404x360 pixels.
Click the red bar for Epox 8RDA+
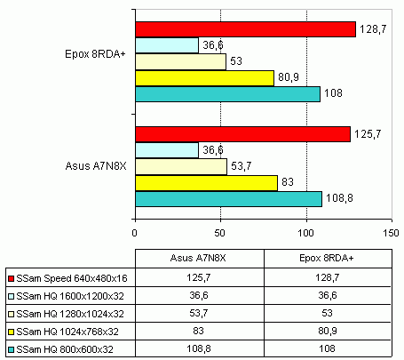[x=244, y=29]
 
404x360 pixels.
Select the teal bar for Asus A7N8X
[x=228, y=198]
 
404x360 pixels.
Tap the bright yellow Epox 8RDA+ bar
[x=203, y=78]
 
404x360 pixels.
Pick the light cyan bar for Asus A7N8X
[x=167, y=150]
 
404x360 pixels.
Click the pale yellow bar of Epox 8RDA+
[x=180, y=62]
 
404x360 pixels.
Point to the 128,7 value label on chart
[x=371, y=29]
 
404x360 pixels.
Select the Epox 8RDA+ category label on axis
[x=98, y=54]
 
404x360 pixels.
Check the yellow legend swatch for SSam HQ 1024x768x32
[x=10, y=331]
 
